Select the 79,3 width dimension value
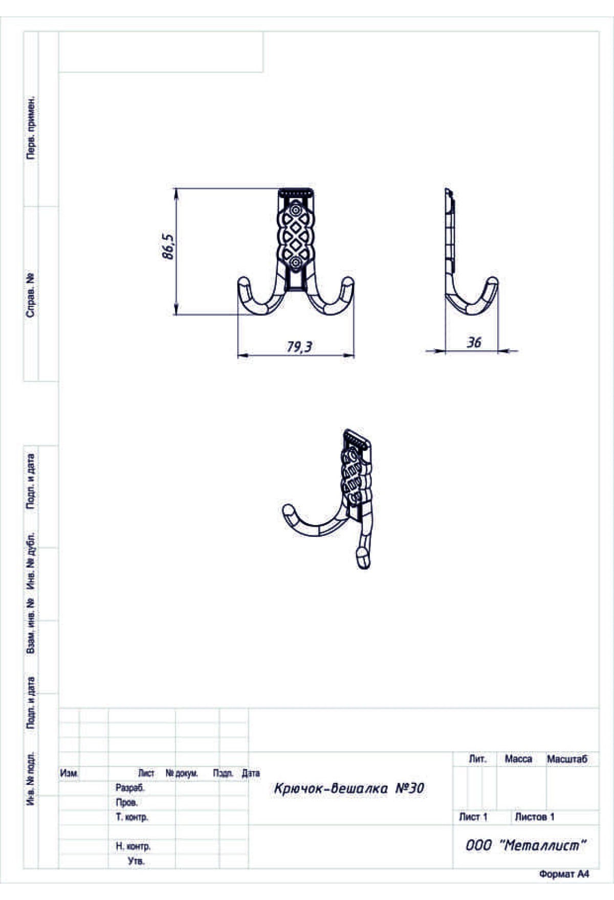tap(299, 347)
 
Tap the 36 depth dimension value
tap(474, 343)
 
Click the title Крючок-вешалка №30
tap(349, 789)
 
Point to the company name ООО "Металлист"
tap(525, 846)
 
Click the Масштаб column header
tap(567, 759)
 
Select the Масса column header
tap(518, 759)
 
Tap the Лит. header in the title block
tap(477, 759)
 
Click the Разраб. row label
tap(130, 789)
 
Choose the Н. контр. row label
tap(133, 847)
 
